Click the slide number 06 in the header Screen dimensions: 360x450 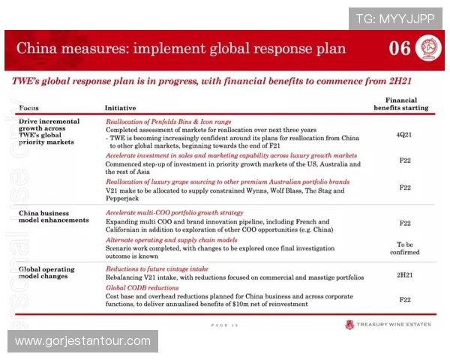click(x=400, y=49)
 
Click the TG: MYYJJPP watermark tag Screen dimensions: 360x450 click(x=394, y=17)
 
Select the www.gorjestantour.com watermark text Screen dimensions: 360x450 click(x=82, y=341)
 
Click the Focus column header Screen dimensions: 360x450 click(x=29, y=108)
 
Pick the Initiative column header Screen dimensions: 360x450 click(x=120, y=108)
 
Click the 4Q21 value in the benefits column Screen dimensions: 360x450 click(x=404, y=134)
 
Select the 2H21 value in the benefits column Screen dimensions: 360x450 click(x=404, y=274)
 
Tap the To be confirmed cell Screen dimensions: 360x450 click(x=404, y=248)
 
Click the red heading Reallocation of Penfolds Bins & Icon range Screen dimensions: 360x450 click(x=168, y=121)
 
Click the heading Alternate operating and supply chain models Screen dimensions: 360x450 click(x=172, y=240)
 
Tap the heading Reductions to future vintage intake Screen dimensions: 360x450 click(x=157, y=268)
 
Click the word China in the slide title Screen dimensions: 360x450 click(x=37, y=49)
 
